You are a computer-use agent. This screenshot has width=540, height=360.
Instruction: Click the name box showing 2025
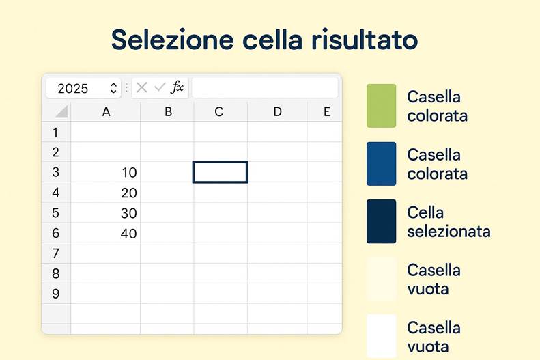pos(75,88)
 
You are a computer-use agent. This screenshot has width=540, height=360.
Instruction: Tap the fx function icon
pos(177,87)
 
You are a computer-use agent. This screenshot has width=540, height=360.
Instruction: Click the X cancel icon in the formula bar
pos(142,87)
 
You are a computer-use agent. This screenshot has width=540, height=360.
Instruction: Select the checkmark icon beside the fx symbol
pos(160,87)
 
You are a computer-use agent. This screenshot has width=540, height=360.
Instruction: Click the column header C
pos(219,112)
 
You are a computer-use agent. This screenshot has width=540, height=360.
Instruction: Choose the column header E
pos(326,112)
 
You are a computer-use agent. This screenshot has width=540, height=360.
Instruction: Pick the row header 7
pos(56,253)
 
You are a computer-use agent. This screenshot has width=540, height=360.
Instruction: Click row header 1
pos(56,133)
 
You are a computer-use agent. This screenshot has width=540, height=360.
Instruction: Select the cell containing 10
pos(106,172)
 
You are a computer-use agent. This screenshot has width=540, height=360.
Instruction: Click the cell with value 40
pos(106,234)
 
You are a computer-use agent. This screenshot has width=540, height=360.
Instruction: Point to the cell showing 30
pos(106,213)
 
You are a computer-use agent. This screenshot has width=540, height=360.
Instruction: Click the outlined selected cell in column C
pos(220,172)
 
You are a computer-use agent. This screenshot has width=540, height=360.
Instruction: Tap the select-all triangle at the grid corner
pos(61,112)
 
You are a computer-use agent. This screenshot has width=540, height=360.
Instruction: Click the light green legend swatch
pos(381,106)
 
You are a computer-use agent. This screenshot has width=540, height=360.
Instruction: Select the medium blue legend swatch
pos(381,164)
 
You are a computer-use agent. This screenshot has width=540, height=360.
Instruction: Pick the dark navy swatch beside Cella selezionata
pos(381,221)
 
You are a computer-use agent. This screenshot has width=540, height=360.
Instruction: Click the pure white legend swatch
pos(381,335)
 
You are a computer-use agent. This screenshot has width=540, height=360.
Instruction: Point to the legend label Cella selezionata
pos(449,221)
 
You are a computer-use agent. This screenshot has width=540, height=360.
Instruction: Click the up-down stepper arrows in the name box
pos(113,88)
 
